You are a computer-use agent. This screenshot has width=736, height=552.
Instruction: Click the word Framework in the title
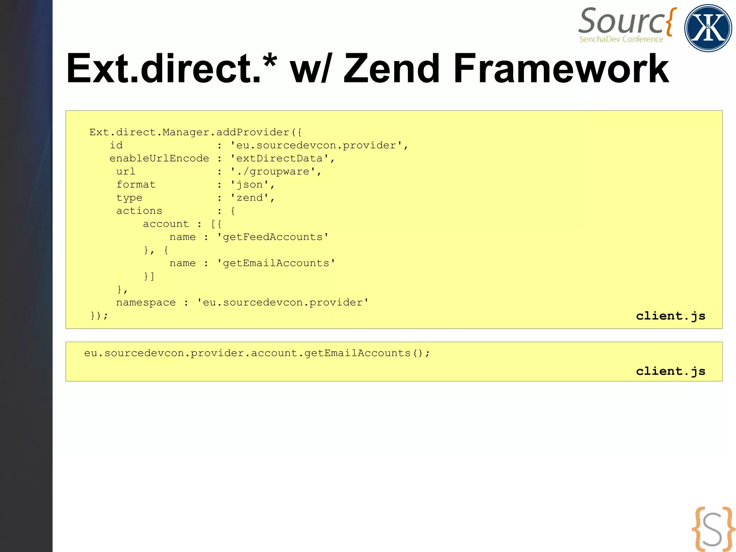click(x=561, y=69)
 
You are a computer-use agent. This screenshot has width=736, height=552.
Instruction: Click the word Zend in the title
click(x=392, y=69)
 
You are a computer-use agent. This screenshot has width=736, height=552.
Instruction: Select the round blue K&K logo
click(x=708, y=28)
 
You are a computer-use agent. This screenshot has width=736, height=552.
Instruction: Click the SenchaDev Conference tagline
click(x=621, y=39)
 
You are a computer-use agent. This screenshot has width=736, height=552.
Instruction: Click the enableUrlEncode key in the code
click(x=159, y=159)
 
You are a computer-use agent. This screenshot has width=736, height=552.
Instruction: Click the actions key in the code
click(x=139, y=211)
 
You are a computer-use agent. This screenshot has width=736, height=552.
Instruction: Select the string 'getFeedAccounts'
click(x=272, y=237)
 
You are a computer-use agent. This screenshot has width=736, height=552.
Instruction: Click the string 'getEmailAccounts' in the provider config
click(x=276, y=263)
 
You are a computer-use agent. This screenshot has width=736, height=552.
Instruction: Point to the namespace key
click(x=146, y=303)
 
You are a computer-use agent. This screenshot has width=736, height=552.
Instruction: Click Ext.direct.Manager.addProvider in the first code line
click(x=189, y=132)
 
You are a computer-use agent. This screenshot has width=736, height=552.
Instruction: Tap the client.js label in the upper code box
click(x=671, y=316)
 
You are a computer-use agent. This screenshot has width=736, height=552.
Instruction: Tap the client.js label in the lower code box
click(x=671, y=371)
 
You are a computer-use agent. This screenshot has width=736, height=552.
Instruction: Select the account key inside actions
click(x=166, y=224)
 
